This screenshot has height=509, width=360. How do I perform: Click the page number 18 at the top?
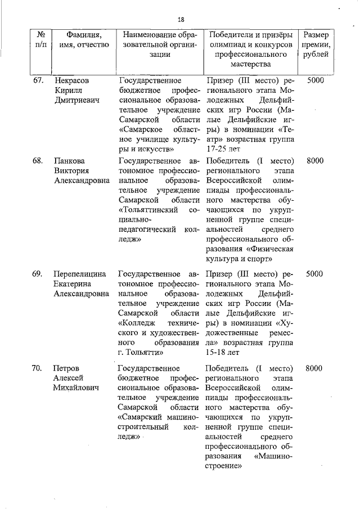(x=181, y=19)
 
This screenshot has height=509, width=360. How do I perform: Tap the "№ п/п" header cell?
(x=41, y=39)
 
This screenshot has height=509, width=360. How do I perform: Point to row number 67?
(x=38, y=80)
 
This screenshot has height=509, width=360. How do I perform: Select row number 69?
(x=38, y=274)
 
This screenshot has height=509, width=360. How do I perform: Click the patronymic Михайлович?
(x=76, y=388)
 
